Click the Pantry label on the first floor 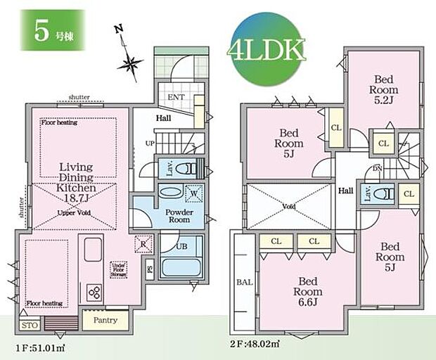coord(105,321)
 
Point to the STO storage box coord(30,325)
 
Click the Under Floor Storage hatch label coord(118,269)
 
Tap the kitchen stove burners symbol coord(94,291)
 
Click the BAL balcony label coord(243,283)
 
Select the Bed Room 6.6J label coord(307,286)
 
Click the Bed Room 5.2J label coord(385,89)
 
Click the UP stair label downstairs coord(149,143)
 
